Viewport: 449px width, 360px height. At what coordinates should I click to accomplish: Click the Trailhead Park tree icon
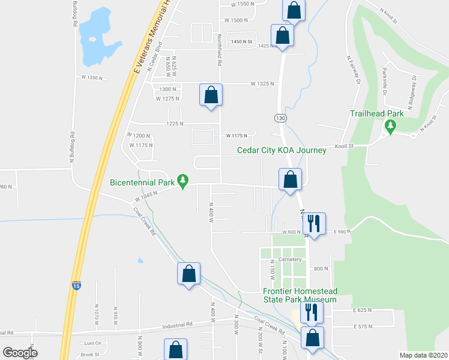[391, 125]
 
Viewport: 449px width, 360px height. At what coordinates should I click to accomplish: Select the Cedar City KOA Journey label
[282, 150]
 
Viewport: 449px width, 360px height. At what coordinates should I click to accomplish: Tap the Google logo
[20, 352]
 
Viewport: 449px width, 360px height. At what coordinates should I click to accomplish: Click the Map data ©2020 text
[423, 355]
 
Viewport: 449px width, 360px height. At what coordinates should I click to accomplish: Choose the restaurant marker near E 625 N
[312, 311]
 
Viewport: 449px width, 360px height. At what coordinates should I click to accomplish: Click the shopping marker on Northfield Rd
[211, 95]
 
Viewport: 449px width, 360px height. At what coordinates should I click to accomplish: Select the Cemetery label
[289, 259]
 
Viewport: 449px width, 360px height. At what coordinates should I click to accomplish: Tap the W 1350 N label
[94, 77]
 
